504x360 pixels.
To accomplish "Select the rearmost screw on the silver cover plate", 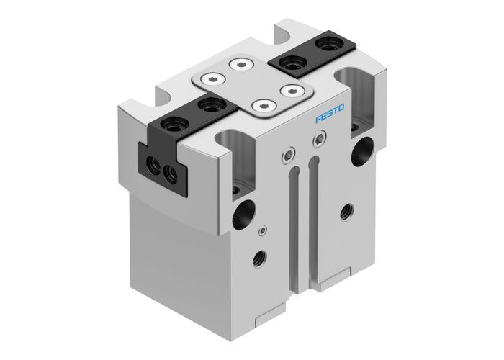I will (x=239, y=65).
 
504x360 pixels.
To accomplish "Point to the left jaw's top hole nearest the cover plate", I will (x=210, y=106).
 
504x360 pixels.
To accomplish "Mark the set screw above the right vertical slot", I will (x=315, y=142).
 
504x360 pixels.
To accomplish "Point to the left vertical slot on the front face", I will (x=292, y=223).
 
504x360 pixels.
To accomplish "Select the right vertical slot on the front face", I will (x=312, y=216).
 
